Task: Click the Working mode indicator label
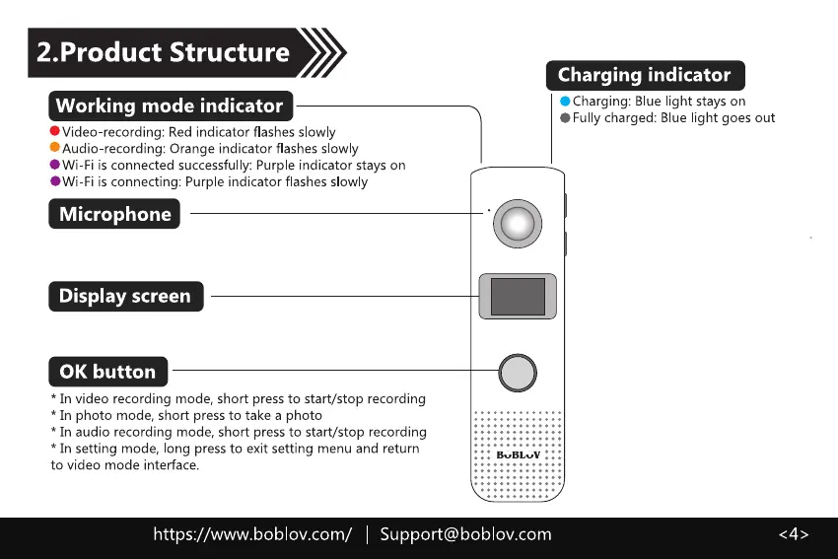point(170,105)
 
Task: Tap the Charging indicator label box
point(645,75)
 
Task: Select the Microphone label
point(114,214)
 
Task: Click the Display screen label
point(125,296)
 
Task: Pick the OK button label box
point(107,372)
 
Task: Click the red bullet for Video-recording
point(55,132)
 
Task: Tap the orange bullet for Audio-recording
point(55,149)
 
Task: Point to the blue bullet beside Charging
point(565,102)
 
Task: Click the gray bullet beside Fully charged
point(565,118)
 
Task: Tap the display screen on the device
point(519,298)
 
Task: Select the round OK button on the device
point(519,372)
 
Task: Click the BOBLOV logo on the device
point(519,454)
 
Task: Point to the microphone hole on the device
point(488,211)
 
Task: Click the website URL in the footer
point(251,534)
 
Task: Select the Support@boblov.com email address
point(465,534)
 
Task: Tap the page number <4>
point(794,534)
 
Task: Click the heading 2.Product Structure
point(163,52)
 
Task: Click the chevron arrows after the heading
point(322,52)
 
